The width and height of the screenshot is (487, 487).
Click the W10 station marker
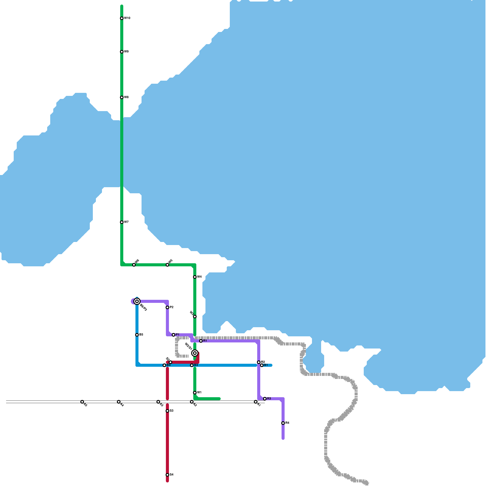click(122, 18)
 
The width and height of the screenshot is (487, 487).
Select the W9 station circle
click(122, 52)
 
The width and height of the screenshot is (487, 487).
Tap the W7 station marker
click(122, 222)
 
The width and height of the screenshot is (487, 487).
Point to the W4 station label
click(199, 277)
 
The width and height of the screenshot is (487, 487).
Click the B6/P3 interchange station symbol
click(137, 301)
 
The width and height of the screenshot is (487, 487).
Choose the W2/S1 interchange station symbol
click(195, 353)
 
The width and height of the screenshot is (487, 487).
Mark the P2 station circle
click(167, 307)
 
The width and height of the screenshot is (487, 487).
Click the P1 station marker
click(173, 335)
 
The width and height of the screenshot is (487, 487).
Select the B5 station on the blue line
click(137, 335)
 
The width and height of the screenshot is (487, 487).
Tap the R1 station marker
click(201, 341)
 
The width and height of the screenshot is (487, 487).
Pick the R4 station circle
click(283, 423)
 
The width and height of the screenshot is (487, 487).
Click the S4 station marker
click(167, 475)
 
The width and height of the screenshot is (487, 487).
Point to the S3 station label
click(172, 411)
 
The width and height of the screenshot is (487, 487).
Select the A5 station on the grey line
click(82, 402)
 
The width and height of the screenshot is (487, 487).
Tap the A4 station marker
click(119, 402)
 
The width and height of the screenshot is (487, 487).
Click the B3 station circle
click(192, 365)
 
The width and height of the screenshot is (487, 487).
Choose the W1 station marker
click(195, 393)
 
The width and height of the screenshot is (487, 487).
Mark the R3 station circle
click(265, 399)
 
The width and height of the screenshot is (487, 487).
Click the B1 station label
click(266, 365)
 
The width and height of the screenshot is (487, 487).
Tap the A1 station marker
click(256, 402)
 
